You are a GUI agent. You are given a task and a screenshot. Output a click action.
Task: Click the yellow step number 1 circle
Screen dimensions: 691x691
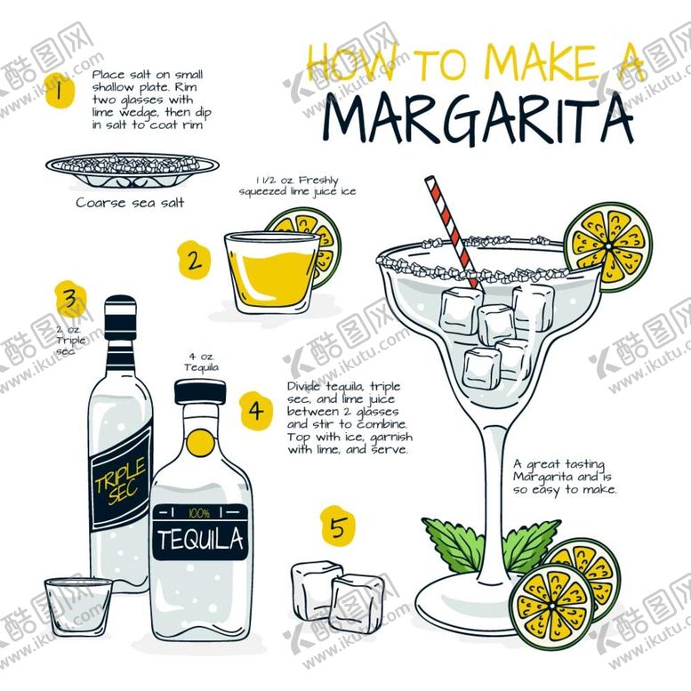pyautogui.click(x=60, y=92)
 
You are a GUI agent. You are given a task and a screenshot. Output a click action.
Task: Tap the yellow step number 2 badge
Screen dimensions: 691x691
pyautogui.click(x=194, y=260)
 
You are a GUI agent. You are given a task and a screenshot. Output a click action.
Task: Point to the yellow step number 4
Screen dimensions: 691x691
pyautogui.click(x=256, y=411)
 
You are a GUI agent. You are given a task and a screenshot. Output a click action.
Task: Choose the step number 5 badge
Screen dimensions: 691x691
pyautogui.click(x=338, y=526)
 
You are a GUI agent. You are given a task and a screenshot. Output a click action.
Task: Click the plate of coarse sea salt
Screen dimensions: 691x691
pyautogui.click(x=133, y=170)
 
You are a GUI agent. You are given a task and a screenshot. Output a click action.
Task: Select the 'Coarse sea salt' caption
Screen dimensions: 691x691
pyautogui.click(x=130, y=203)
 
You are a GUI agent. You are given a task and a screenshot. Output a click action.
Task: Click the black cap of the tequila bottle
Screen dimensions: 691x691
pyautogui.click(x=200, y=392)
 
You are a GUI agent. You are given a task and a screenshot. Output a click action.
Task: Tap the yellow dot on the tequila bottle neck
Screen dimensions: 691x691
pyautogui.click(x=200, y=444)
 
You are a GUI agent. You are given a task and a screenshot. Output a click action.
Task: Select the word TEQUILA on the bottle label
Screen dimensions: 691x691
pyautogui.click(x=200, y=539)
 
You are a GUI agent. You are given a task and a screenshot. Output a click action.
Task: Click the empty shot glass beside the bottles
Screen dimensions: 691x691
pyautogui.click(x=78, y=607)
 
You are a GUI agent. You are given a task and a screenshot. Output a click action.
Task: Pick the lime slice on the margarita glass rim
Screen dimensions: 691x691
pyautogui.click(x=608, y=247)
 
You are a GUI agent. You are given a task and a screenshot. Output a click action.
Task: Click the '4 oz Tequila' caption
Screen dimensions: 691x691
pyautogui.click(x=201, y=362)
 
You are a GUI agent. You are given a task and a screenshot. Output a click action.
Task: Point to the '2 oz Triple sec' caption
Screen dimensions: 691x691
pyautogui.click(x=70, y=341)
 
